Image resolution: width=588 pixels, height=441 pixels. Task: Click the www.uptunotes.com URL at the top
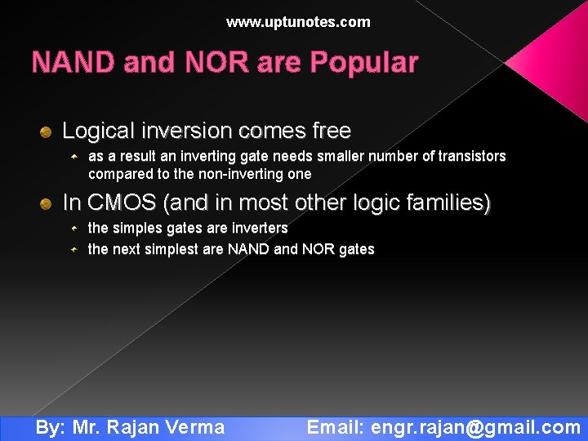coord(298,22)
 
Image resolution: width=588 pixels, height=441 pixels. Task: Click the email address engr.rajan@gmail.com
coord(475,427)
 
